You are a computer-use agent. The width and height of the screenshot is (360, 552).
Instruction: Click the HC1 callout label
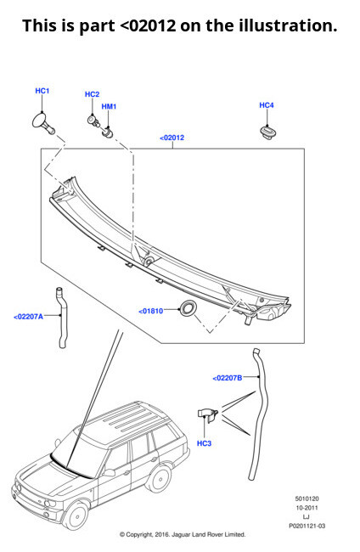tap(42, 90)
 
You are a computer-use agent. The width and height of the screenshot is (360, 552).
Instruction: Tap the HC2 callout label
tap(92, 94)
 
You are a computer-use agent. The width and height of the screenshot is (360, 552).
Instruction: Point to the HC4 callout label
tap(267, 105)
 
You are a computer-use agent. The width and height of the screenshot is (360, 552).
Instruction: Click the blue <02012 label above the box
tap(172, 138)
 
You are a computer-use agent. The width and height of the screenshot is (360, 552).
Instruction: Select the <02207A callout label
tap(28, 317)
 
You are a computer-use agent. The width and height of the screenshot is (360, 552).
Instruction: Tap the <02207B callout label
tap(228, 377)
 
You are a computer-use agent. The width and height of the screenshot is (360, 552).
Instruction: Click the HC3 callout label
tap(204, 443)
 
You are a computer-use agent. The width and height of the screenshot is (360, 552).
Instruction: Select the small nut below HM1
tap(108, 131)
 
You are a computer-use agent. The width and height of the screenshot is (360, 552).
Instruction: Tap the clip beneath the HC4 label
tap(265, 132)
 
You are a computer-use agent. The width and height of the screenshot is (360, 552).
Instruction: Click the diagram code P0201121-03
tap(307, 526)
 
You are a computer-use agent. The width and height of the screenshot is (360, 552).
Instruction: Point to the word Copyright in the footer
tap(146, 534)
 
